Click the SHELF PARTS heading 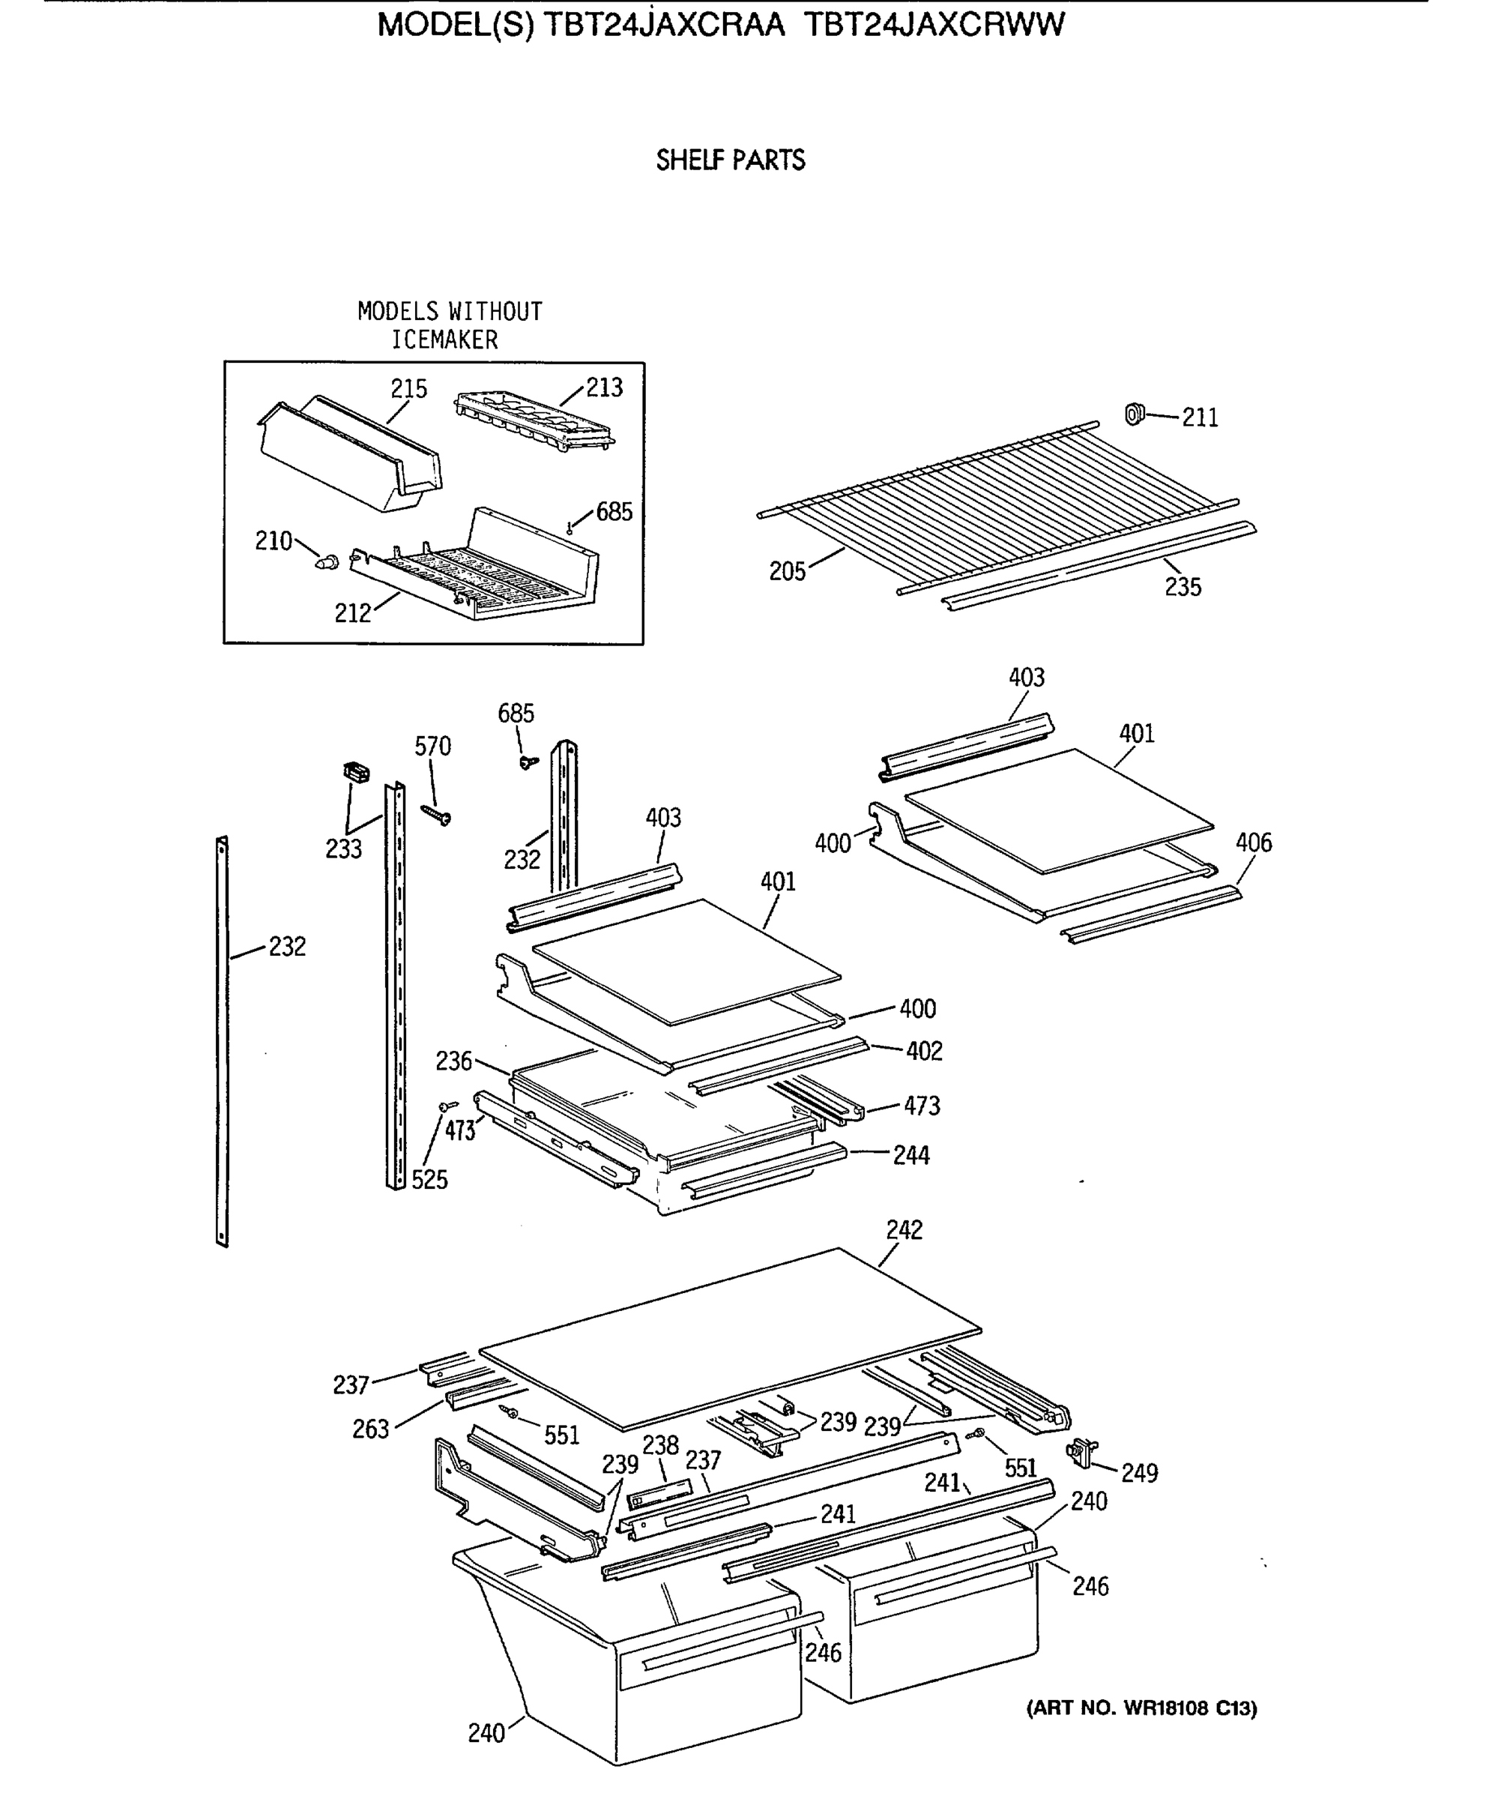click(x=730, y=160)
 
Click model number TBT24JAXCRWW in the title click(x=934, y=25)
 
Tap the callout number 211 click(x=1199, y=418)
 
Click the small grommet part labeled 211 click(x=1134, y=414)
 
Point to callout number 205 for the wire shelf click(x=786, y=571)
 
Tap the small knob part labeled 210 click(x=327, y=562)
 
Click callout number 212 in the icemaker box click(x=352, y=612)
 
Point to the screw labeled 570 click(x=437, y=814)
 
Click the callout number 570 click(x=432, y=746)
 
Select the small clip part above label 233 click(x=355, y=772)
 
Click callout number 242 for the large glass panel click(x=904, y=1230)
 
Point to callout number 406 click(x=1253, y=842)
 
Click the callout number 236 click(x=453, y=1061)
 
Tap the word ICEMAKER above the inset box click(x=444, y=340)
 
